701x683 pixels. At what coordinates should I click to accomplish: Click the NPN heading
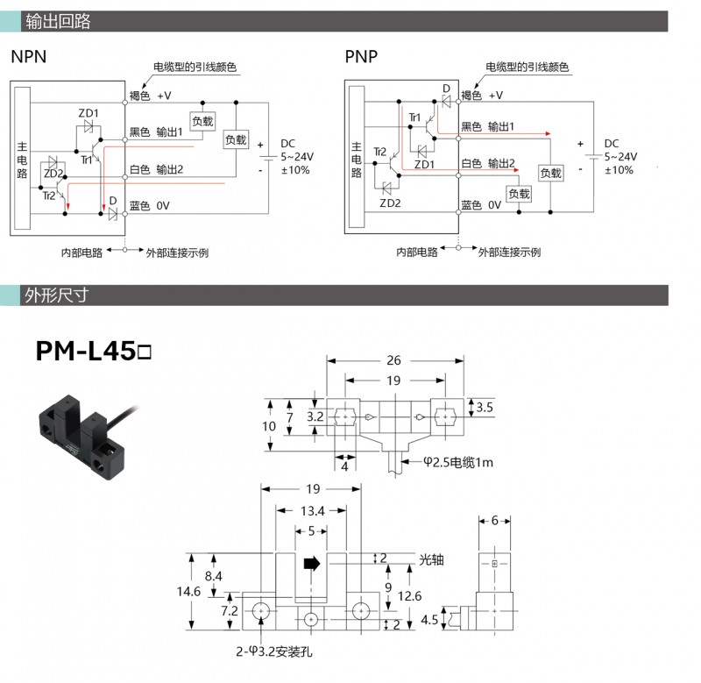pos(29,58)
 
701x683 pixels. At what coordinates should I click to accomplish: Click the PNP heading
pos(361,58)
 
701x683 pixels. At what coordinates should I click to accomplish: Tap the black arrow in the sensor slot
pos(310,564)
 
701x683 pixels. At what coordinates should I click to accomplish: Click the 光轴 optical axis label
pos(433,558)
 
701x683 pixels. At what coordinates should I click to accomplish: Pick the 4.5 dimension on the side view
pos(429,620)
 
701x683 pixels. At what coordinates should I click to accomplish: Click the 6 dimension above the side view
pos(495,520)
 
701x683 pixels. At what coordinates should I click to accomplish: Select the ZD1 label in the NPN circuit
pos(89,113)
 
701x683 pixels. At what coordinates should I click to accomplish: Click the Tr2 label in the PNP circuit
pos(379,152)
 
